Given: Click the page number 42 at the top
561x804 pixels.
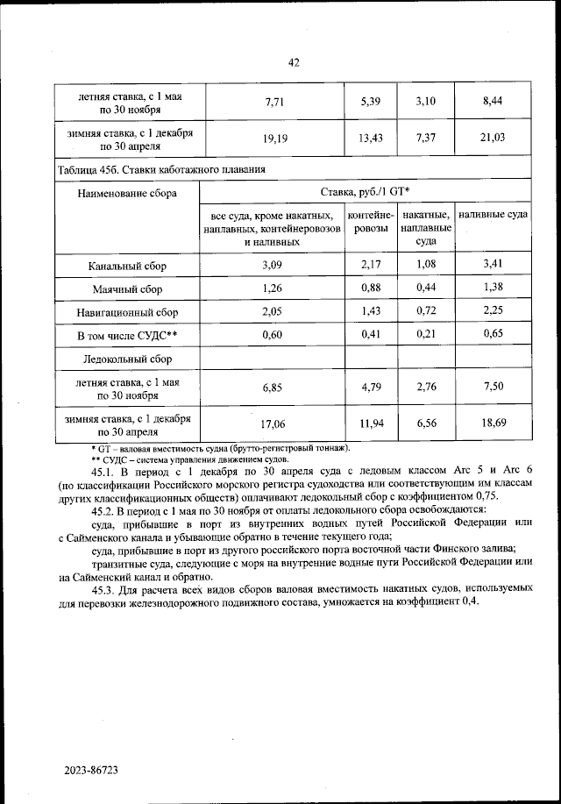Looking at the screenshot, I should [x=294, y=61].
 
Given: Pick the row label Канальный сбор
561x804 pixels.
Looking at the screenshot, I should [x=127, y=265].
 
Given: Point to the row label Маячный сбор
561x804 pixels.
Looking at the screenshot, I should [x=127, y=288].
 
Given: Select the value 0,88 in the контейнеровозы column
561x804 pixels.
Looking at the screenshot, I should [x=373, y=288].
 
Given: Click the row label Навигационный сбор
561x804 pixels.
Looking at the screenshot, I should [x=127, y=311].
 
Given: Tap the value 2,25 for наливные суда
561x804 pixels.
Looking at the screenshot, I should [x=493, y=311].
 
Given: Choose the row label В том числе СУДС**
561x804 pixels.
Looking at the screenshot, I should [x=127, y=335].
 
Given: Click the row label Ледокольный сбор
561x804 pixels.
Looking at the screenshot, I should [x=127, y=359].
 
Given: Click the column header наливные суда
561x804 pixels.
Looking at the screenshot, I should [x=493, y=216].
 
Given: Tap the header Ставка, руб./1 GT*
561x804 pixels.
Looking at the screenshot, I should [x=366, y=192].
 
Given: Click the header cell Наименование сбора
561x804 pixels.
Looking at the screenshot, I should [x=127, y=193].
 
